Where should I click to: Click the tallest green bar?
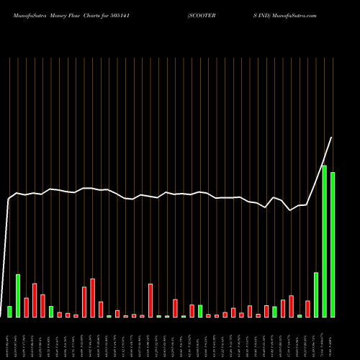[324, 241]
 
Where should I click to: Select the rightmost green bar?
[333, 245]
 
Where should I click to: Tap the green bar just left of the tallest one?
[316, 294]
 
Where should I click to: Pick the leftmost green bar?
[9, 312]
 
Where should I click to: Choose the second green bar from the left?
[18, 296]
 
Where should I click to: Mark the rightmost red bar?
[307, 309]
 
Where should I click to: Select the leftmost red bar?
[26, 307]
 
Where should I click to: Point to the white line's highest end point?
[332, 138]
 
